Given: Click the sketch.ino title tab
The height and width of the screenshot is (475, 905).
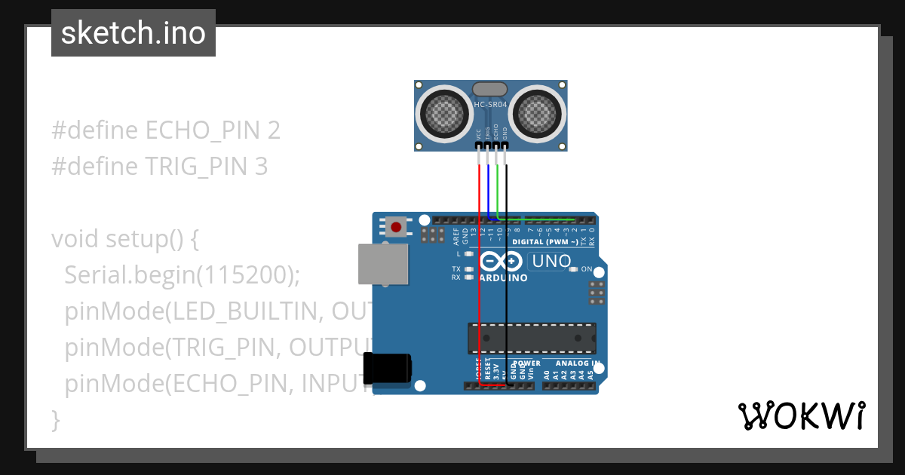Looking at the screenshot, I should (x=133, y=33).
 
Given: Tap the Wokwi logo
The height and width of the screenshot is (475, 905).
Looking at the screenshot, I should (x=801, y=415).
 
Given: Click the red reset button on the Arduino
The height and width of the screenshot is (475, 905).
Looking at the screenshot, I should (x=396, y=225).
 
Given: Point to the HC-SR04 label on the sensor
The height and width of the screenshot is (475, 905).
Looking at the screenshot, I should (x=489, y=105).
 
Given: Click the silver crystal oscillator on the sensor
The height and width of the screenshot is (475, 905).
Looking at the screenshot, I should (x=489, y=90).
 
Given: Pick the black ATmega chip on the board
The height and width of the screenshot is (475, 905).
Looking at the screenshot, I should (x=532, y=339).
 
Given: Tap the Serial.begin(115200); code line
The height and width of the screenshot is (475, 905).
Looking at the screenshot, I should (x=183, y=275).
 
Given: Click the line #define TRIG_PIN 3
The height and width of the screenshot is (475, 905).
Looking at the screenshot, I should (x=159, y=167).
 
